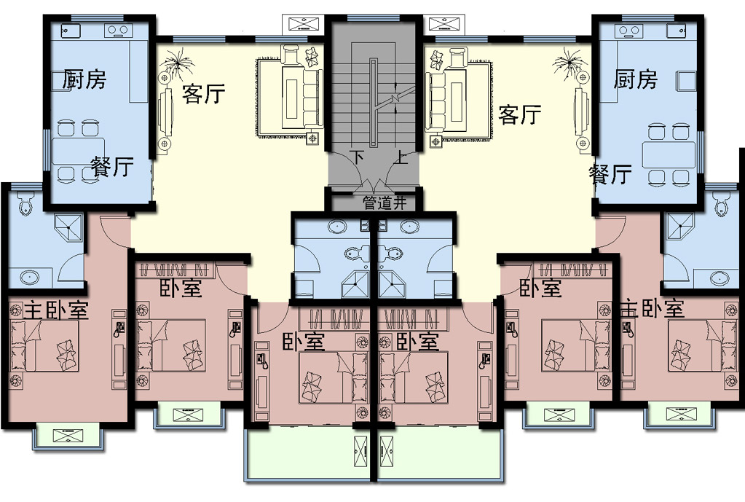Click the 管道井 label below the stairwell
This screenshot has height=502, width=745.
pos(385,203)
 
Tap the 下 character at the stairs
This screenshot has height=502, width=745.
pos(359,156)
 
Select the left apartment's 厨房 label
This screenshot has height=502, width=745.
pos(84,79)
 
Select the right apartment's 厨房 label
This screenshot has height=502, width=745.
pos(635,79)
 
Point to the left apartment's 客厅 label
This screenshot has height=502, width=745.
pos(203,94)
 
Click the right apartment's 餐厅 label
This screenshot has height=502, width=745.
pos(610,174)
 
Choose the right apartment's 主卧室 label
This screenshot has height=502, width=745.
pos(653,308)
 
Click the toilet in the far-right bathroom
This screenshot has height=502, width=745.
pos(722,203)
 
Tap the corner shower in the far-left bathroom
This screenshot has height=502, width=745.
pos(69,228)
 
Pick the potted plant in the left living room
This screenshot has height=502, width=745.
pos(177,62)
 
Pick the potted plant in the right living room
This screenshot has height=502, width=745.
pos(569,62)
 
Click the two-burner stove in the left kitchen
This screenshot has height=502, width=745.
pos(118,30)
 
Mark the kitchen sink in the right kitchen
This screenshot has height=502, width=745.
pos(677,31)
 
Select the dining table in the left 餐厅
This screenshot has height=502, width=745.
pos(79,151)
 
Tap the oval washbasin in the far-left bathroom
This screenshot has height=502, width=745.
pos(29,276)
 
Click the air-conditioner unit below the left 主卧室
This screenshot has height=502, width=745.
pos(68,435)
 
